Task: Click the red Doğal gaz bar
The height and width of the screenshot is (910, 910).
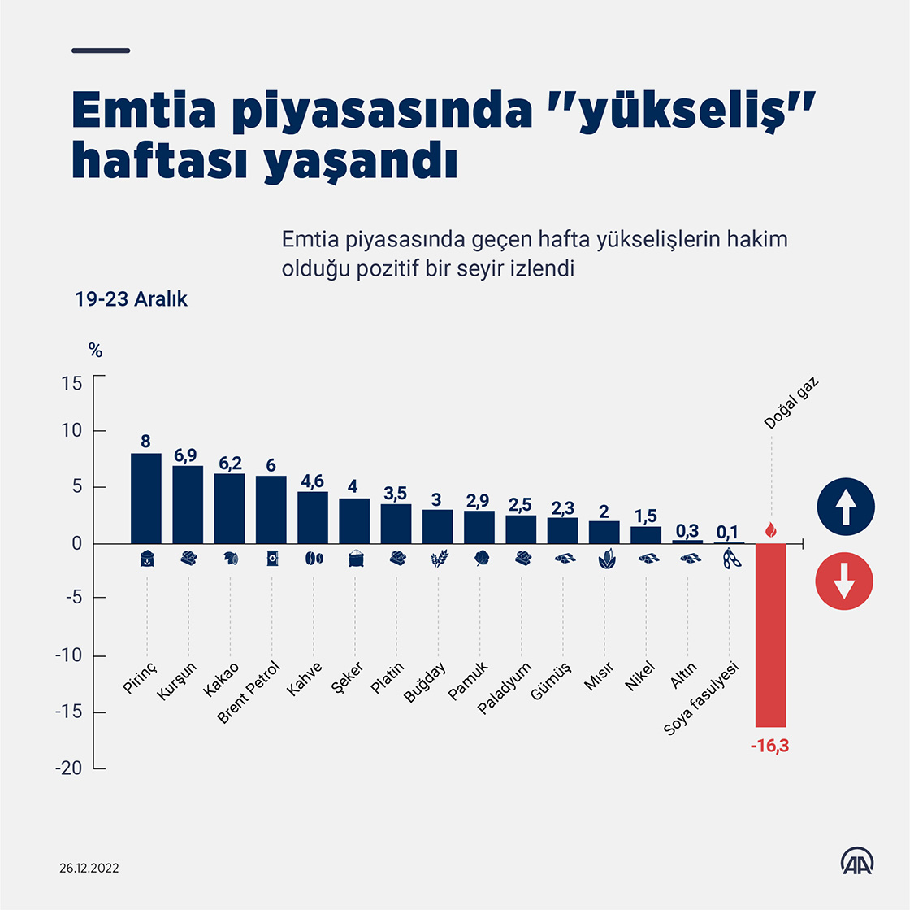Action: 770,634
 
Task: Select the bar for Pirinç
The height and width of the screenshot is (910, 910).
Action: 146,498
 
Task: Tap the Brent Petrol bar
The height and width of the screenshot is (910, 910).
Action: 271,509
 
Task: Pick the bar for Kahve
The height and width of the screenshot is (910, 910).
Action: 313,517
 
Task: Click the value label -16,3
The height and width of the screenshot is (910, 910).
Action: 769,746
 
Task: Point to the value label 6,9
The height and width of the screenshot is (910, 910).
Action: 187,455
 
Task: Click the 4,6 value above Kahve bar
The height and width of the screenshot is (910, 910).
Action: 313,481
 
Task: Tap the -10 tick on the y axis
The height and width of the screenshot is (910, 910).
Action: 68,656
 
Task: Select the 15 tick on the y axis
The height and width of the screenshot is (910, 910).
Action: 71,382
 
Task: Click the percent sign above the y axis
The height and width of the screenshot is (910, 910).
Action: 95,351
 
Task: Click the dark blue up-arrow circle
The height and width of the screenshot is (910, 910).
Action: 846,507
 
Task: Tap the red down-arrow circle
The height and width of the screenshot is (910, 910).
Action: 846,581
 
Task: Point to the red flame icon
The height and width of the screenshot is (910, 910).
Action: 770,530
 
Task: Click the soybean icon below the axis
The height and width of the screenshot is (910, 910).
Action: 732,559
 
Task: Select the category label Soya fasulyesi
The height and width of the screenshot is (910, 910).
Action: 701,699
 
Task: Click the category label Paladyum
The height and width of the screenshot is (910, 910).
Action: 504,687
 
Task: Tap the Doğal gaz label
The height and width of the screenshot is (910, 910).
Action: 791,403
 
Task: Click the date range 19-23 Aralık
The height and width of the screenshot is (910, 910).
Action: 131,299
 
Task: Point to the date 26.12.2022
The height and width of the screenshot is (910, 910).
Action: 89,868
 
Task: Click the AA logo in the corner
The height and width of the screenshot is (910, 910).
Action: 856,862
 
